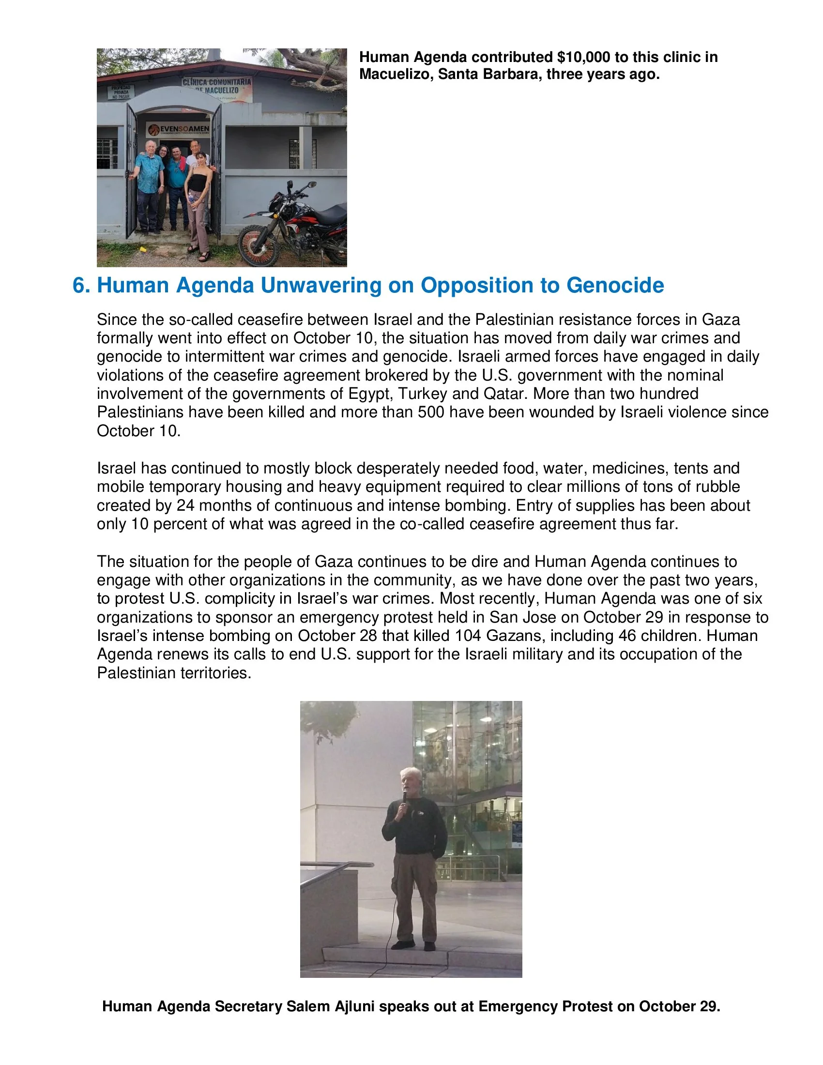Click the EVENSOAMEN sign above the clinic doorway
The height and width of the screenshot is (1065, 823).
[179, 130]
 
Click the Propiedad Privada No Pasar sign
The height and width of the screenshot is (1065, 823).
[121, 92]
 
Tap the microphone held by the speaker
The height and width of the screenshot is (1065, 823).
[404, 797]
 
